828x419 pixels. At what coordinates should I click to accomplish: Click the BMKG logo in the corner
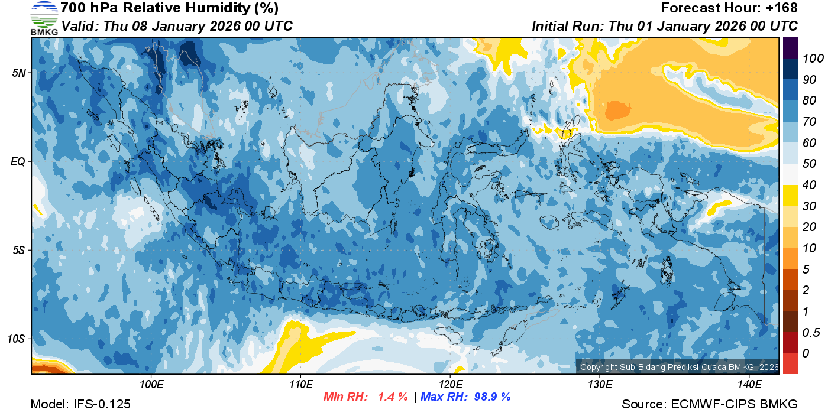(44, 18)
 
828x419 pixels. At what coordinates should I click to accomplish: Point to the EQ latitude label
(18, 161)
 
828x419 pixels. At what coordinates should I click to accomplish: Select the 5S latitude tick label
(18, 250)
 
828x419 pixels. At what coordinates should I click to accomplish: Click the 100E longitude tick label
(151, 385)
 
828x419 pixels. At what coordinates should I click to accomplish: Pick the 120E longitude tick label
(450, 385)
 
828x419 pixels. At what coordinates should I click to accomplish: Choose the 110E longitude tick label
(300, 385)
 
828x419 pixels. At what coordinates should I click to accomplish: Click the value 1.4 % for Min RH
(393, 397)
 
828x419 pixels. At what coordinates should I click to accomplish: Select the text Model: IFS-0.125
(80, 404)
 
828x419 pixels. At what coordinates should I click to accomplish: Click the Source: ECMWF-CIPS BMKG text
(710, 404)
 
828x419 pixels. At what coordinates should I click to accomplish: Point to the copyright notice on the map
(677, 367)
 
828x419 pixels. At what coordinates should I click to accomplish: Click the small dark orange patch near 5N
(617, 110)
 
